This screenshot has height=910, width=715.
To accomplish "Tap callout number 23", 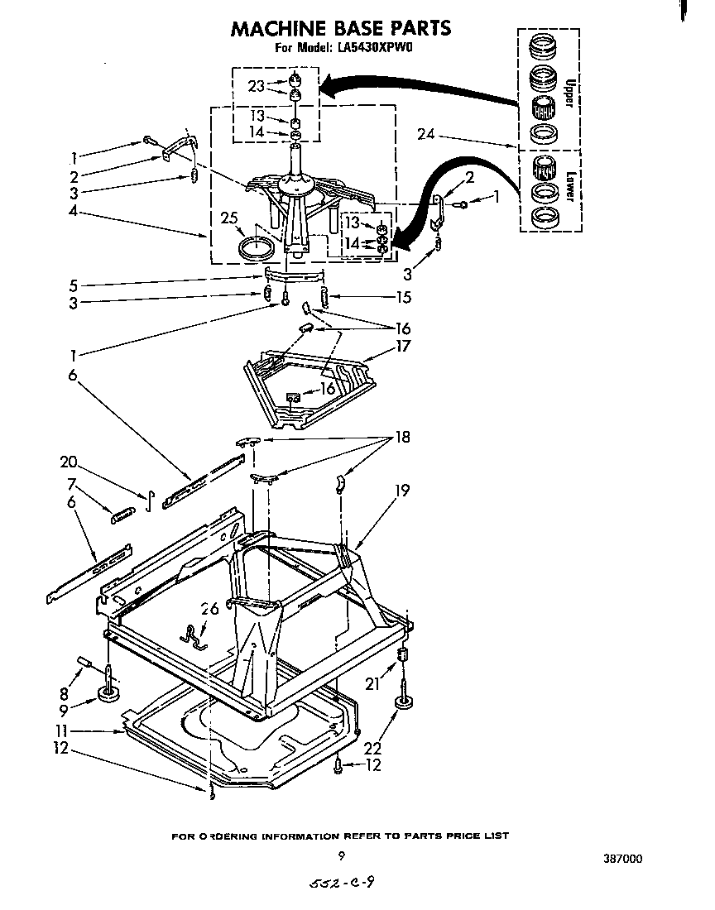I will (x=257, y=84).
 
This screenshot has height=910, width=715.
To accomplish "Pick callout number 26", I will (x=210, y=610).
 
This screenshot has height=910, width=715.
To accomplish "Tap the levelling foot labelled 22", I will (x=403, y=703).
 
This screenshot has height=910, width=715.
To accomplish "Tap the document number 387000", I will (x=620, y=858).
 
